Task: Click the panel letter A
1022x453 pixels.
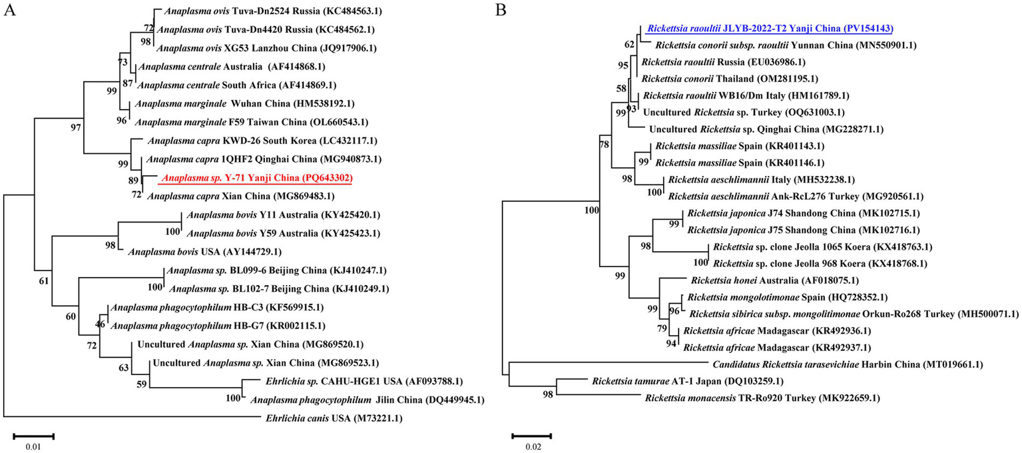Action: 10,11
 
